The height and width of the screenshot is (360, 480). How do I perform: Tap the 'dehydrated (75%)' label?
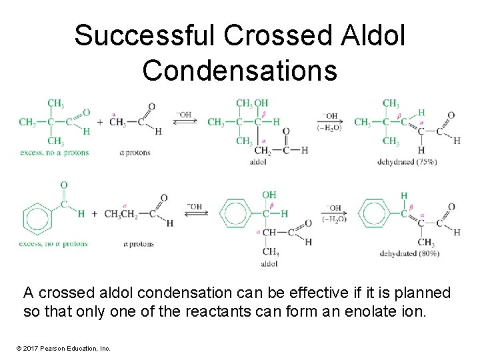407,162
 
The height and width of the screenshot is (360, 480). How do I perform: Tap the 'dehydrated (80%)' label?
410,253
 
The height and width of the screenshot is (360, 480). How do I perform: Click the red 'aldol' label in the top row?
259,161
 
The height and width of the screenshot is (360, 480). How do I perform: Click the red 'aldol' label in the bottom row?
269,264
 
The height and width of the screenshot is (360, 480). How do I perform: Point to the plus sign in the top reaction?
99,122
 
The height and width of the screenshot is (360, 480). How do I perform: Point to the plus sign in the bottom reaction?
94,214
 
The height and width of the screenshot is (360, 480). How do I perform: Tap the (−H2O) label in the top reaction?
329,127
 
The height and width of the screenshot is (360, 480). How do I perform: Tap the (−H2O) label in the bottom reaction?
334,219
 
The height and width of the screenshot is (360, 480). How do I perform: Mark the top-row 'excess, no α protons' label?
53,153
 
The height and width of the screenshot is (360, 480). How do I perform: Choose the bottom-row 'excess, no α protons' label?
53,244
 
